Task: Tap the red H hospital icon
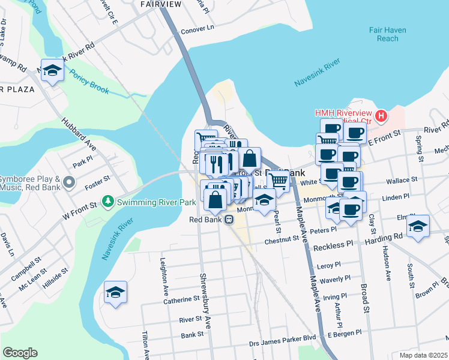(x=380, y=115)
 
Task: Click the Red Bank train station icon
(x=229, y=220)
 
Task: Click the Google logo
(x=20, y=352)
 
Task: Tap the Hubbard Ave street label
(x=78, y=133)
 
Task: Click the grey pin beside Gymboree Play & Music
(x=71, y=181)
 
